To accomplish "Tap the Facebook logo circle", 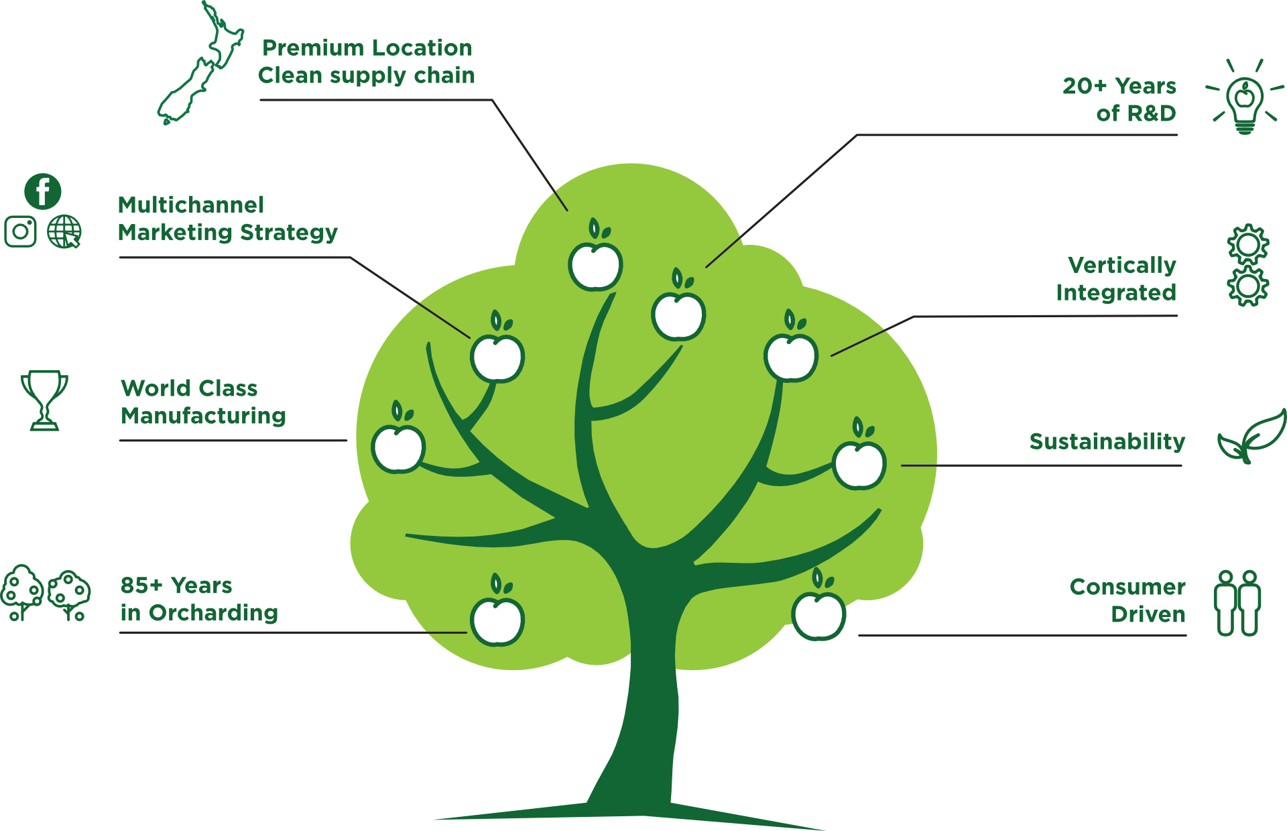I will coord(43,191).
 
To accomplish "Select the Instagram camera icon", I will coord(21,231).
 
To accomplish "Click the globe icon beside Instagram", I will coord(64,231).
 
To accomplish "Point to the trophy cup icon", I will coord(44,399).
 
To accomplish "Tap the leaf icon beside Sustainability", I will coord(1252,437).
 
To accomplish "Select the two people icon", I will coord(1237,602).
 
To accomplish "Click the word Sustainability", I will coord(1107,441).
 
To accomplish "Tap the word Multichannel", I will coord(191,205).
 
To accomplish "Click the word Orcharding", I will coord(213,612).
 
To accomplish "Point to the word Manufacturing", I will coord(204,416).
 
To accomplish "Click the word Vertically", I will coord(1121,265).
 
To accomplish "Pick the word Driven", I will coord(1148,614).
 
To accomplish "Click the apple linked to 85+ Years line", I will coord(497,619).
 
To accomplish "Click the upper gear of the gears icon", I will coord(1247,244).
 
